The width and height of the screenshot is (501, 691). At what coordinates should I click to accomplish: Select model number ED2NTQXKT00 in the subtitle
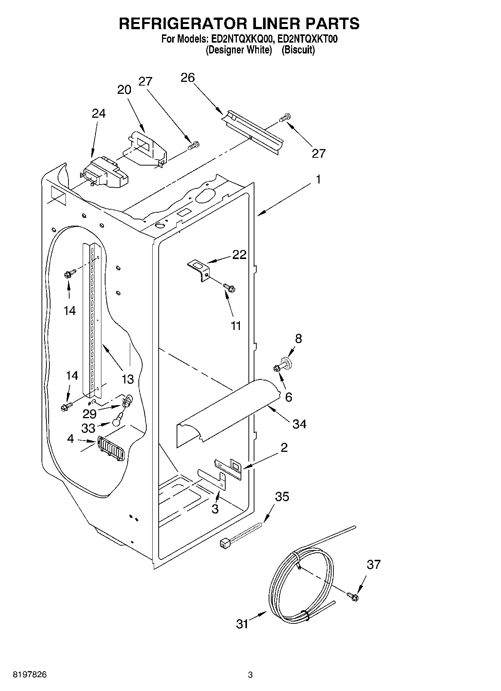coord(305,39)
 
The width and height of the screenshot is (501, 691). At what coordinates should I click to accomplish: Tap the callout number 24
coord(98,113)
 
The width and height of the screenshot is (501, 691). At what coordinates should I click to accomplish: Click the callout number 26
coord(188,78)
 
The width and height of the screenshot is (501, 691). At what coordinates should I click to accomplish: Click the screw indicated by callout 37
coord(352,597)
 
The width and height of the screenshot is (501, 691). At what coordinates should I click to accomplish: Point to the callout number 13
coord(128,379)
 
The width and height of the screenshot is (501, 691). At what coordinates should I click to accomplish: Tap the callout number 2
coord(284,447)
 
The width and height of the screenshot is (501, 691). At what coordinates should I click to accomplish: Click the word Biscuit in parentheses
coord(298,50)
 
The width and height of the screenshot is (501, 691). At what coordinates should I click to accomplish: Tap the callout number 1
coord(318,179)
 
